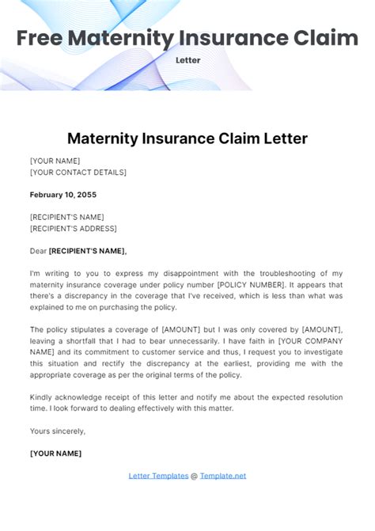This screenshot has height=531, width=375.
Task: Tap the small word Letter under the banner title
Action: point(187,60)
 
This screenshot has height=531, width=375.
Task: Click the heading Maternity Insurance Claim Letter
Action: point(187,138)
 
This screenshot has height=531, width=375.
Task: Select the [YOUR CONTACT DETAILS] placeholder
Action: point(78,172)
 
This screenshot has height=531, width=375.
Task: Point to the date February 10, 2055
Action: point(63,195)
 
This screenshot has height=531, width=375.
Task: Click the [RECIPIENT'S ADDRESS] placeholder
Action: point(73,229)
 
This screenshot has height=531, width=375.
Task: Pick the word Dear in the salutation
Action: point(38,251)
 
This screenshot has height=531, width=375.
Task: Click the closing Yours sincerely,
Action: point(57,431)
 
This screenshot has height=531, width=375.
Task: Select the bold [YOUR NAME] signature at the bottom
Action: point(55,453)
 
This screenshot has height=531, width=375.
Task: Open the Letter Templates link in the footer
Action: point(157,476)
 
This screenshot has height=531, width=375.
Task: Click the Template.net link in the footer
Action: point(223,476)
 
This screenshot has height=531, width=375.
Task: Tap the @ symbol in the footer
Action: point(194,476)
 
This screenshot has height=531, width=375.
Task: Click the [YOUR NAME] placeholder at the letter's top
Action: point(55,161)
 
